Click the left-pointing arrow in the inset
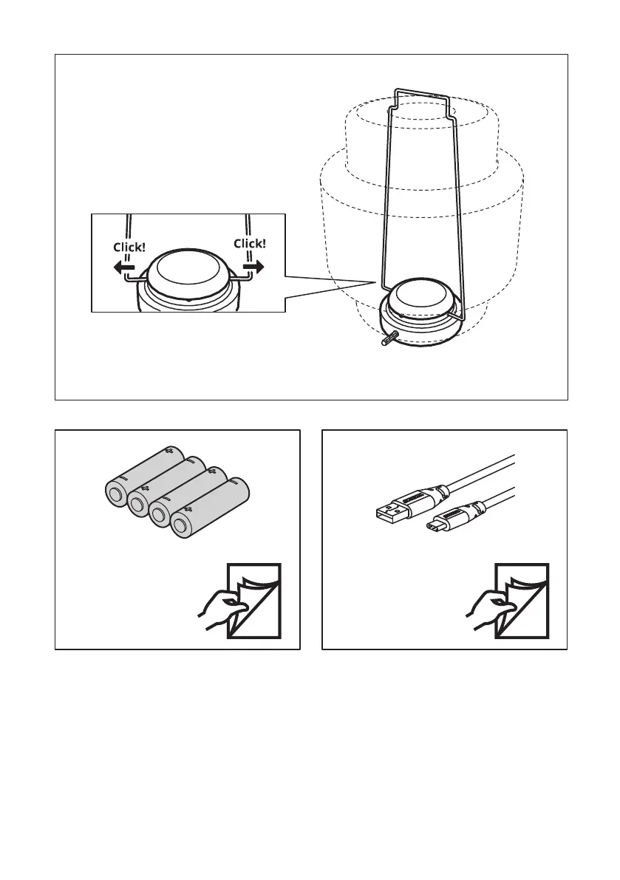[123, 269]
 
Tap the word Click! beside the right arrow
[249, 243]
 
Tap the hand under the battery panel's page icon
[218, 614]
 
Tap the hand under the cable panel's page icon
[485, 614]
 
